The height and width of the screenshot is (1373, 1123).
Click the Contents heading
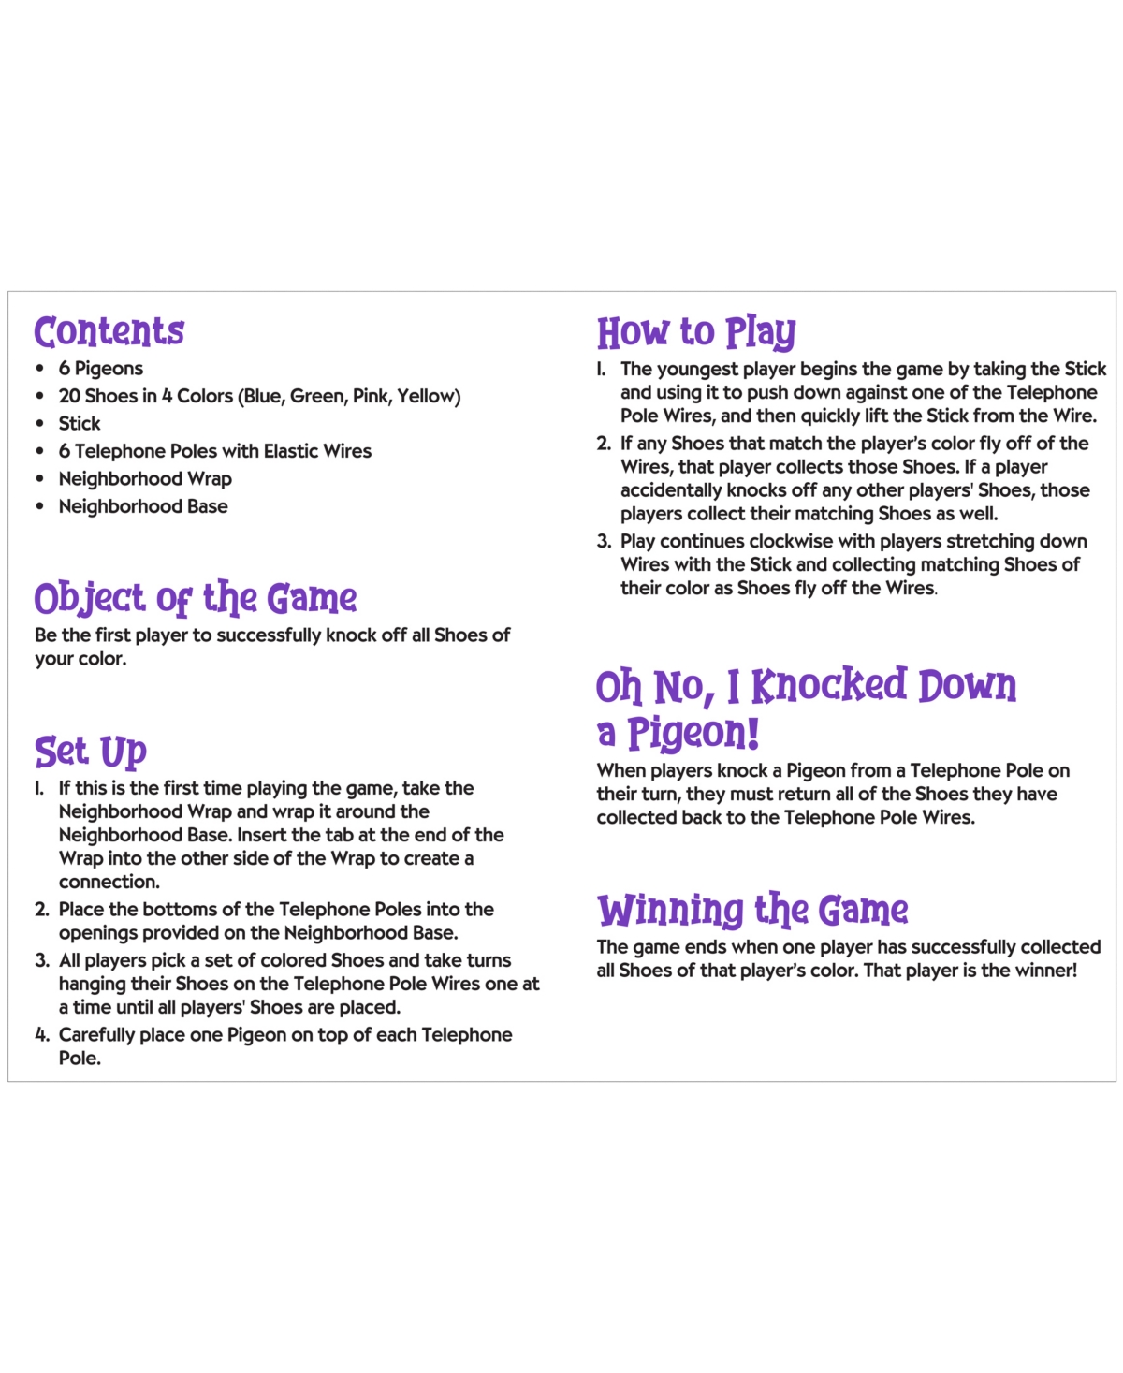(109, 332)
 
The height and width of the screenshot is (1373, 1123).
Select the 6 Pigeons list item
(101, 369)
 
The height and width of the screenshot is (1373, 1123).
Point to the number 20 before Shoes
(69, 397)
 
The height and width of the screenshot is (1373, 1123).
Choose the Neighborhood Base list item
(143, 506)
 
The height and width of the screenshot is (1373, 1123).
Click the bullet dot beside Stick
(39, 424)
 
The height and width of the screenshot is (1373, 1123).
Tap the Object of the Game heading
(196, 599)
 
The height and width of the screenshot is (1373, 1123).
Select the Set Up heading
(91, 752)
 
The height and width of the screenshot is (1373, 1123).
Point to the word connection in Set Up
(109, 882)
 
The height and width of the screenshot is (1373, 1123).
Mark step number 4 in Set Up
(42, 1035)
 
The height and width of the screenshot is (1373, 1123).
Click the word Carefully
(95, 1035)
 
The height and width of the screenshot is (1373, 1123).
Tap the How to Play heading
(696, 333)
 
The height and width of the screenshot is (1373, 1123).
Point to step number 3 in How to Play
(604, 542)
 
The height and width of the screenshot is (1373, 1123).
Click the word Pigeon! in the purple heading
(693, 734)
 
